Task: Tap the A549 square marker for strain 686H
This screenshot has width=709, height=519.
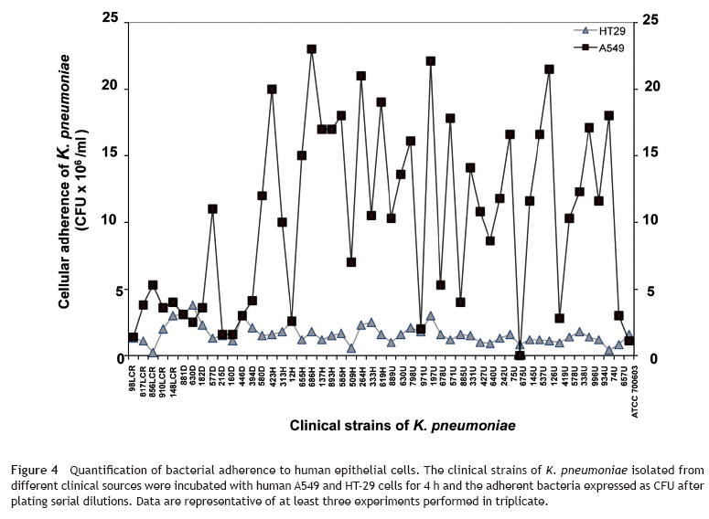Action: tap(312, 49)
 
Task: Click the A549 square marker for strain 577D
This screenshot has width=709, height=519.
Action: tap(212, 208)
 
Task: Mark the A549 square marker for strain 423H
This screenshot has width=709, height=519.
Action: tap(272, 89)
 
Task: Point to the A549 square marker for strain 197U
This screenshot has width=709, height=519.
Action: tap(431, 61)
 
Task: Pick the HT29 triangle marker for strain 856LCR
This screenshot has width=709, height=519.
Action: tap(153, 352)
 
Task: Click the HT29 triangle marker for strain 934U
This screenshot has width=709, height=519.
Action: tap(609, 350)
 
